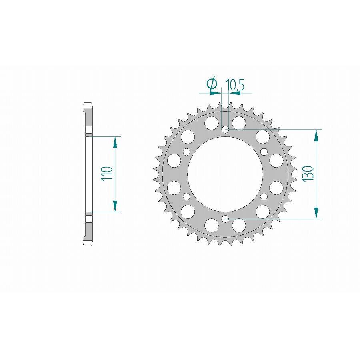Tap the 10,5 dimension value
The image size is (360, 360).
(235, 84)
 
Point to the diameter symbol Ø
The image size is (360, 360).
(212, 84)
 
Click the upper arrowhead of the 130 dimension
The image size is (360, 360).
(317, 135)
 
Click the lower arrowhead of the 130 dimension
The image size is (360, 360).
(317, 213)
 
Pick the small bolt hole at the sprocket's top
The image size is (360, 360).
(225, 129)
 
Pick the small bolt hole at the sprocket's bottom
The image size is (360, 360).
(225, 219)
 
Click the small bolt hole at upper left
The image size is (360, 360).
(186, 152)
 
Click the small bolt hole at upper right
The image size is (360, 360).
(264, 152)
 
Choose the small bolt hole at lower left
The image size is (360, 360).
(186, 196)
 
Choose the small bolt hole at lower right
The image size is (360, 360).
(264, 196)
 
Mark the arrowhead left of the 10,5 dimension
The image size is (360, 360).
(216, 93)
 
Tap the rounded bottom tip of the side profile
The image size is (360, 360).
(88, 245)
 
